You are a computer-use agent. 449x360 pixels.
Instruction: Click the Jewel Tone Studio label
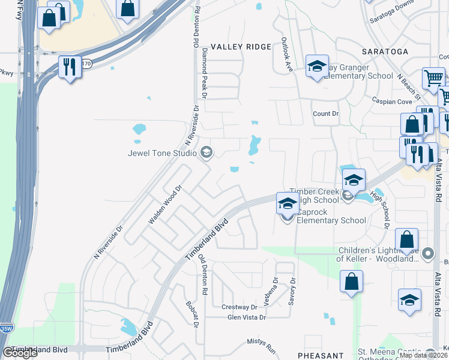click(x=162, y=153)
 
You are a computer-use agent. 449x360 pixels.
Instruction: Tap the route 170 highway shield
click(x=87, y=64)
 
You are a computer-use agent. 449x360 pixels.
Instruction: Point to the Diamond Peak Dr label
click(x=204, y=74)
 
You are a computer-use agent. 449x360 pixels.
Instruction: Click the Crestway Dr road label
click(x=239, y=307)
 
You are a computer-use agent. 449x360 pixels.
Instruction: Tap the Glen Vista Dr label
click(x=246, y=317)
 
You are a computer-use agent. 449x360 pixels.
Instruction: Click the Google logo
click(x=20, y=353)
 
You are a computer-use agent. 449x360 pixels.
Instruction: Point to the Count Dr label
click(x=326, y=113)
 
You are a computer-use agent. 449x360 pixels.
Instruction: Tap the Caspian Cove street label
click(x=392, y=101)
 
